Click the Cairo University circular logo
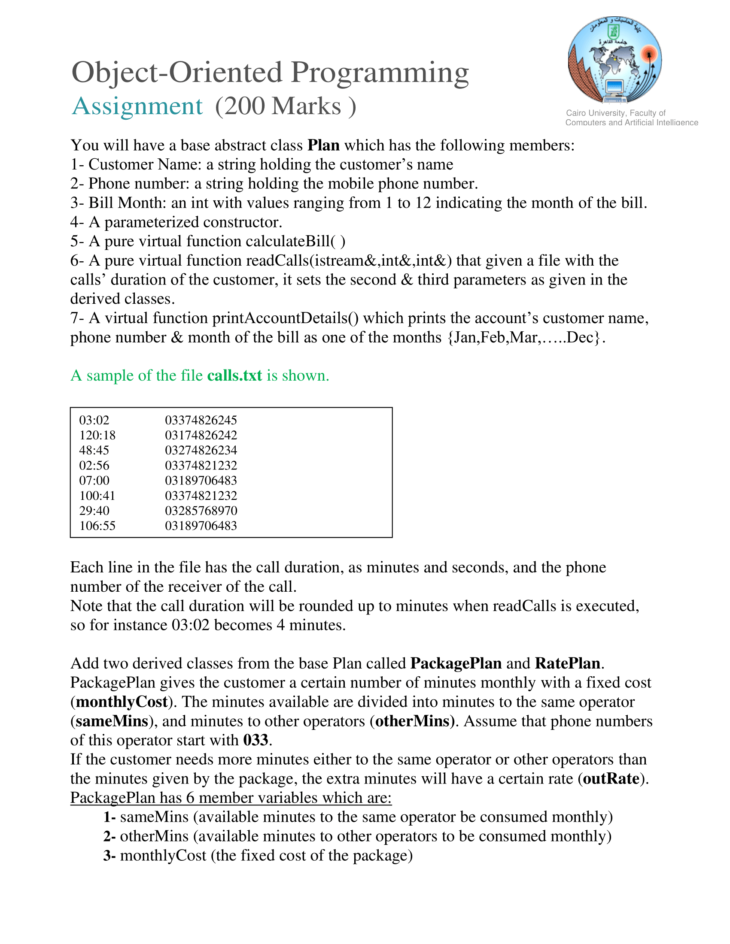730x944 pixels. pyautogui.click(x=614, y=61)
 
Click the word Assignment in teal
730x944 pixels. pyautogui.click(x=137, y=106)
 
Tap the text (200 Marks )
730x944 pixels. pyautogui.click(x=286, y=106)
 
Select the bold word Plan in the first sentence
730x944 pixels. pyautogui.click(x=323, y=145)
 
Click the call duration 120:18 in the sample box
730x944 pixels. pyautogui.click(x=97, y=435)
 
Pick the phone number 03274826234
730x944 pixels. pyautogui.click(x=201, y=451)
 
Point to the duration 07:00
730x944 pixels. pyautogui.click(x=94, y=481)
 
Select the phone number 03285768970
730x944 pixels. pyautogui.click(x=201, y=511)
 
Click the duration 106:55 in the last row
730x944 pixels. pyautogui.click(x=97, y=526)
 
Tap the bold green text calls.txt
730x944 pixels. pyautogui.click(x=234, y=375)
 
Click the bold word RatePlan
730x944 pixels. pyautogui.click(x=567, y=663)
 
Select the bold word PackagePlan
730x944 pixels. pyautogui.click(x=456, y=663)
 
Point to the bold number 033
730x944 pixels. pyautogui.click(x=255, y=741)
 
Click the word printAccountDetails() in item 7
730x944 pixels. pyautogui.click(x=286, y=318)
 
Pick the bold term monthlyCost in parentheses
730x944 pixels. pyautogui.click(x=122, y=702)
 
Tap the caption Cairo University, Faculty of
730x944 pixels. pyautogui.click(x=616, y=113)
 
